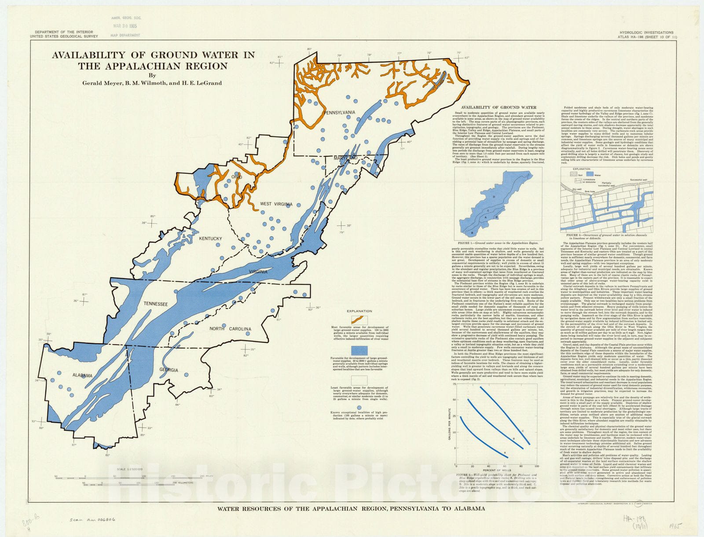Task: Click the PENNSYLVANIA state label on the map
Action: click(339, 112)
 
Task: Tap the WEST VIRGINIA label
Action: click(276, 204)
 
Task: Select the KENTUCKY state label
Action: click(210, 239)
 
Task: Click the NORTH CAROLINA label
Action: click(230, 329)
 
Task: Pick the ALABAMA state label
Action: click(83, 375)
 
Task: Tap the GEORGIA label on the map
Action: click(169, 370)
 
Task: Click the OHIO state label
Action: click(237, 177)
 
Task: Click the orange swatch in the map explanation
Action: click(359, 320)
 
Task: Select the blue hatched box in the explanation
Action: click(359, 350)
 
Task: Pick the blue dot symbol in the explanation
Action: click(359, 408)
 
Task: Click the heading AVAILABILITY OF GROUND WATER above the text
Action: click(498, 107)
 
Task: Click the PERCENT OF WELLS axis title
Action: click(497, 471)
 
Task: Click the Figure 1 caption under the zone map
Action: click(498, 243)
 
